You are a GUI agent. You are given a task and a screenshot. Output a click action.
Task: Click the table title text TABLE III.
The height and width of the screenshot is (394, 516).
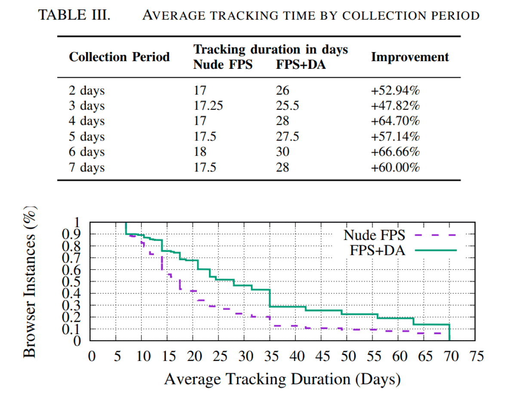(x=74, y=15)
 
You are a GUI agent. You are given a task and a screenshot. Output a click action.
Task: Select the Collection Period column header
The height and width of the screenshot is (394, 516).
(x=119, y=57)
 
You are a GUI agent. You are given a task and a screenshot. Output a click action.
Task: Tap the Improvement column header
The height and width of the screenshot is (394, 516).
(x=410, y=57)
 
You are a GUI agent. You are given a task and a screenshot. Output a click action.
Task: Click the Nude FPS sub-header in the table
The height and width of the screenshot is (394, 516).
(x=223, y=65)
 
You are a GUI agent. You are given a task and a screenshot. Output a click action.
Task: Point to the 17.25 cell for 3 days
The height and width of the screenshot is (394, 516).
(x=208, y=106)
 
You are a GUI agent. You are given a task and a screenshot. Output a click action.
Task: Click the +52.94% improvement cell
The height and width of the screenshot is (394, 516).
(x=395, y=91)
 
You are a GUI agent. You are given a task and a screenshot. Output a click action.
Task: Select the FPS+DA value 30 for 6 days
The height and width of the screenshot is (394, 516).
(x=283, y=152)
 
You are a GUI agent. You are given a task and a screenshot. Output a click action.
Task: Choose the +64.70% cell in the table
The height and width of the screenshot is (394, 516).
(x=395, y=121)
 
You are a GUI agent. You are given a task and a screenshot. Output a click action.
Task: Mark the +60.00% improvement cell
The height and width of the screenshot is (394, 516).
(x=395, y=167)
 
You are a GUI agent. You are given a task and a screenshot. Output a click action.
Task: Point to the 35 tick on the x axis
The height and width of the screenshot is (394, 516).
(x=270, y=357)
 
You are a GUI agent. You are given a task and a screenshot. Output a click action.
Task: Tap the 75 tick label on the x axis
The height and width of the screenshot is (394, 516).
(x=475, y=357)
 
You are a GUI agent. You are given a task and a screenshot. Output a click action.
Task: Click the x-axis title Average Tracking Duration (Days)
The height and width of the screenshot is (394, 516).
(x=282, y=379)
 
